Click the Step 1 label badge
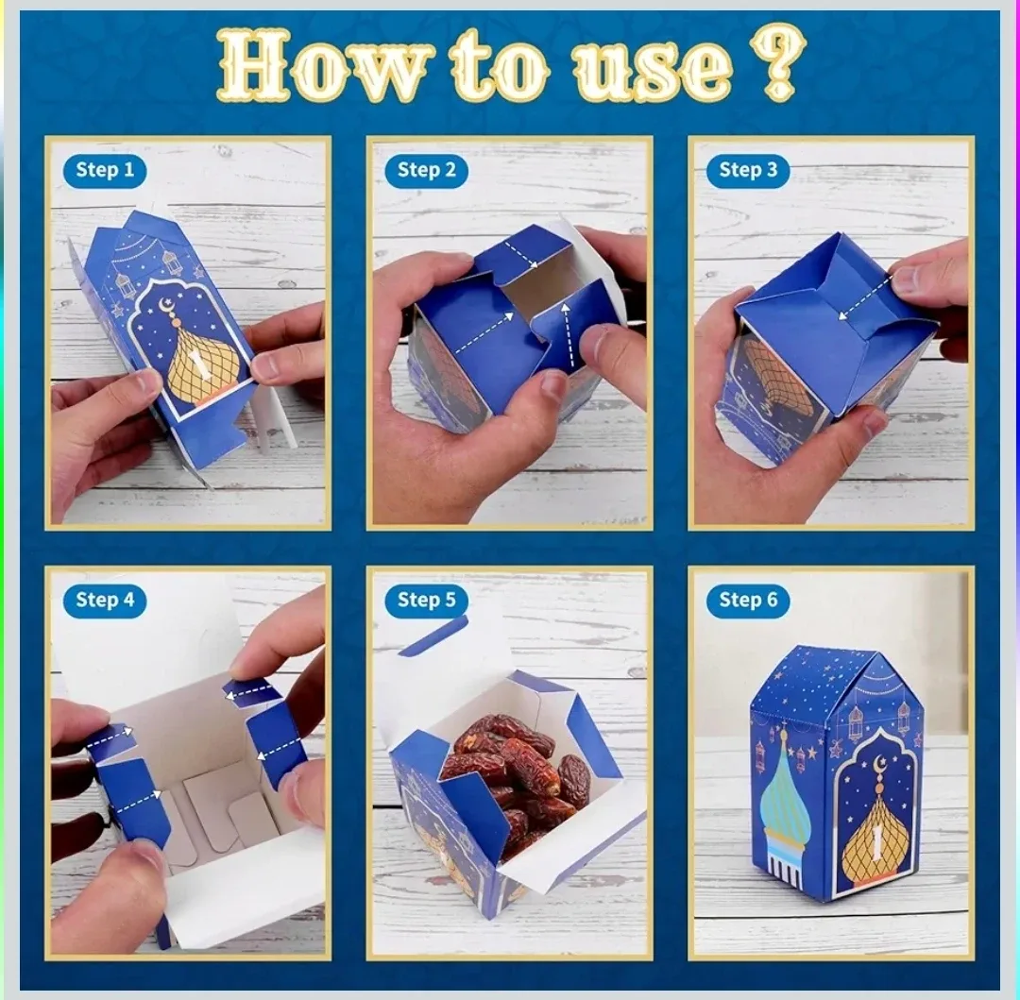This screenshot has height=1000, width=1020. (105, 170)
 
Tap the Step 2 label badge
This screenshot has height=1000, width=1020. (426, 170)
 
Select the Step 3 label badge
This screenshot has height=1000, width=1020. (748, 170)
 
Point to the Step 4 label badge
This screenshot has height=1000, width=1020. (105, 600)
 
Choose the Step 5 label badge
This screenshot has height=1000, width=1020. (426, 600)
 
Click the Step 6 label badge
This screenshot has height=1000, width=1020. (748, 600)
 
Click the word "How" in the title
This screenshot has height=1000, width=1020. (326, 64)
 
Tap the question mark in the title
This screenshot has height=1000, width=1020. (779, 60)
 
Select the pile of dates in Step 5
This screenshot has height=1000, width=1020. (515, 774)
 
